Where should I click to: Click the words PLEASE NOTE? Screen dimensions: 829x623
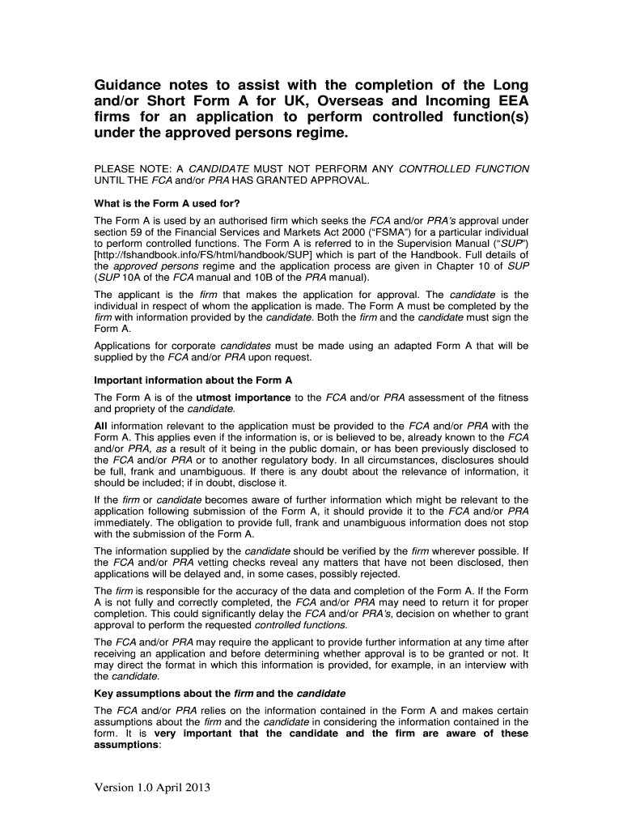[x=131, y=168]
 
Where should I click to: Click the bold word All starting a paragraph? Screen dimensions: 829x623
[x=101, y=426]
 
